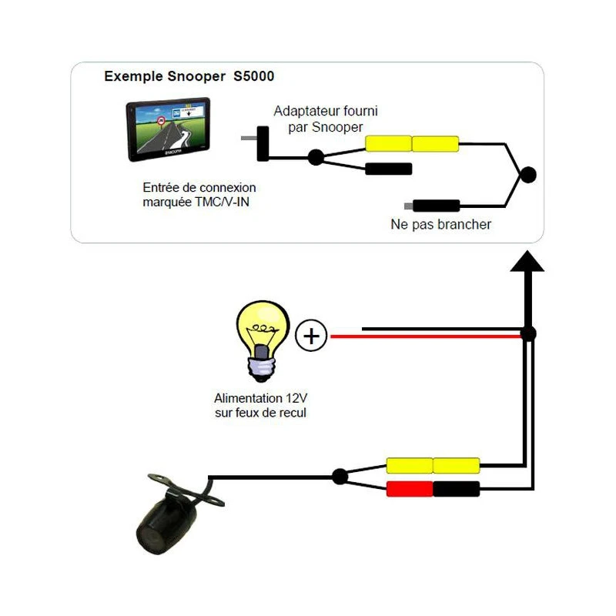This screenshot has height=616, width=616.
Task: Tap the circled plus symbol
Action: [x=312, y=336]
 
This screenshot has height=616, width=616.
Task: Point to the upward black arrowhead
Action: [x=527, y=262]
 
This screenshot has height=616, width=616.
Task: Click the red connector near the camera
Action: [x=409, y=489]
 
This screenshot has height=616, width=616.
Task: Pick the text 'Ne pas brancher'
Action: [x=440, y=225]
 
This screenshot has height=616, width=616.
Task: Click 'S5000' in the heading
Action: [x=253, y=76]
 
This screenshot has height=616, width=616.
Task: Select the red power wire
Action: [x=423, y=336]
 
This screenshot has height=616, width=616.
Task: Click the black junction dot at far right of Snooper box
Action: [x=527, y=175]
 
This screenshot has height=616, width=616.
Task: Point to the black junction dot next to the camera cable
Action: [x=340, y=477]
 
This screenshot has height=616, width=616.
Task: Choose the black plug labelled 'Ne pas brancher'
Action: [x=435, y=206]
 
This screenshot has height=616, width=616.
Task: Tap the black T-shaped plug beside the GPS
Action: [x=262, y=143]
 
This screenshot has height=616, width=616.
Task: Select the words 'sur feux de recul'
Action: [x=260, y=413]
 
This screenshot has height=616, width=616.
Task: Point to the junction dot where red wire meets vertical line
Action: [x=528, y=334]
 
